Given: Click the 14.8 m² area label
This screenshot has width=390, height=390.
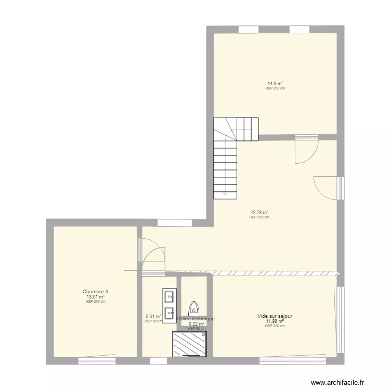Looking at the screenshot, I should pyautogui.click(x=275, y=83).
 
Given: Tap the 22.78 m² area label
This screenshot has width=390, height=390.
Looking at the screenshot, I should pyautogui.click(x=259, y=212).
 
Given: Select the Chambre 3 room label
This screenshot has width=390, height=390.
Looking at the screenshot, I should pyautogui.click(x=95, y=291).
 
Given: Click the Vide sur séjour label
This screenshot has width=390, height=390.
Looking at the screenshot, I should pyautogui.click(x=275, y=316).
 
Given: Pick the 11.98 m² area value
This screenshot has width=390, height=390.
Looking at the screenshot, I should pyautogui.click(x=275, y=321).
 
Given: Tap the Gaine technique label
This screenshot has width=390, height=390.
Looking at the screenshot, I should pyautogui.click(x=196, y=319).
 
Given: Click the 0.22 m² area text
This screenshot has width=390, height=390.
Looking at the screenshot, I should pyautogui.click(x=196, y=323).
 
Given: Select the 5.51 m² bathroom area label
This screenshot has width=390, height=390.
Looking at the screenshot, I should pyautogui.click(x=153, y=316).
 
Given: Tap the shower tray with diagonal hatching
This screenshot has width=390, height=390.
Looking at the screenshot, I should pyautogui.click(x=190, y=344).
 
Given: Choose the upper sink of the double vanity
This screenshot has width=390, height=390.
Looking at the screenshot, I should pyautogui.click(x=169, y=297).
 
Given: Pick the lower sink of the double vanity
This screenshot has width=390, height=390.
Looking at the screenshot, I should pyautogui.click(x=169, y=313).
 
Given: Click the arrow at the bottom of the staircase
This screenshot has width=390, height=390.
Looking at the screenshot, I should pyautogui.click(x=225, y=194).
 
